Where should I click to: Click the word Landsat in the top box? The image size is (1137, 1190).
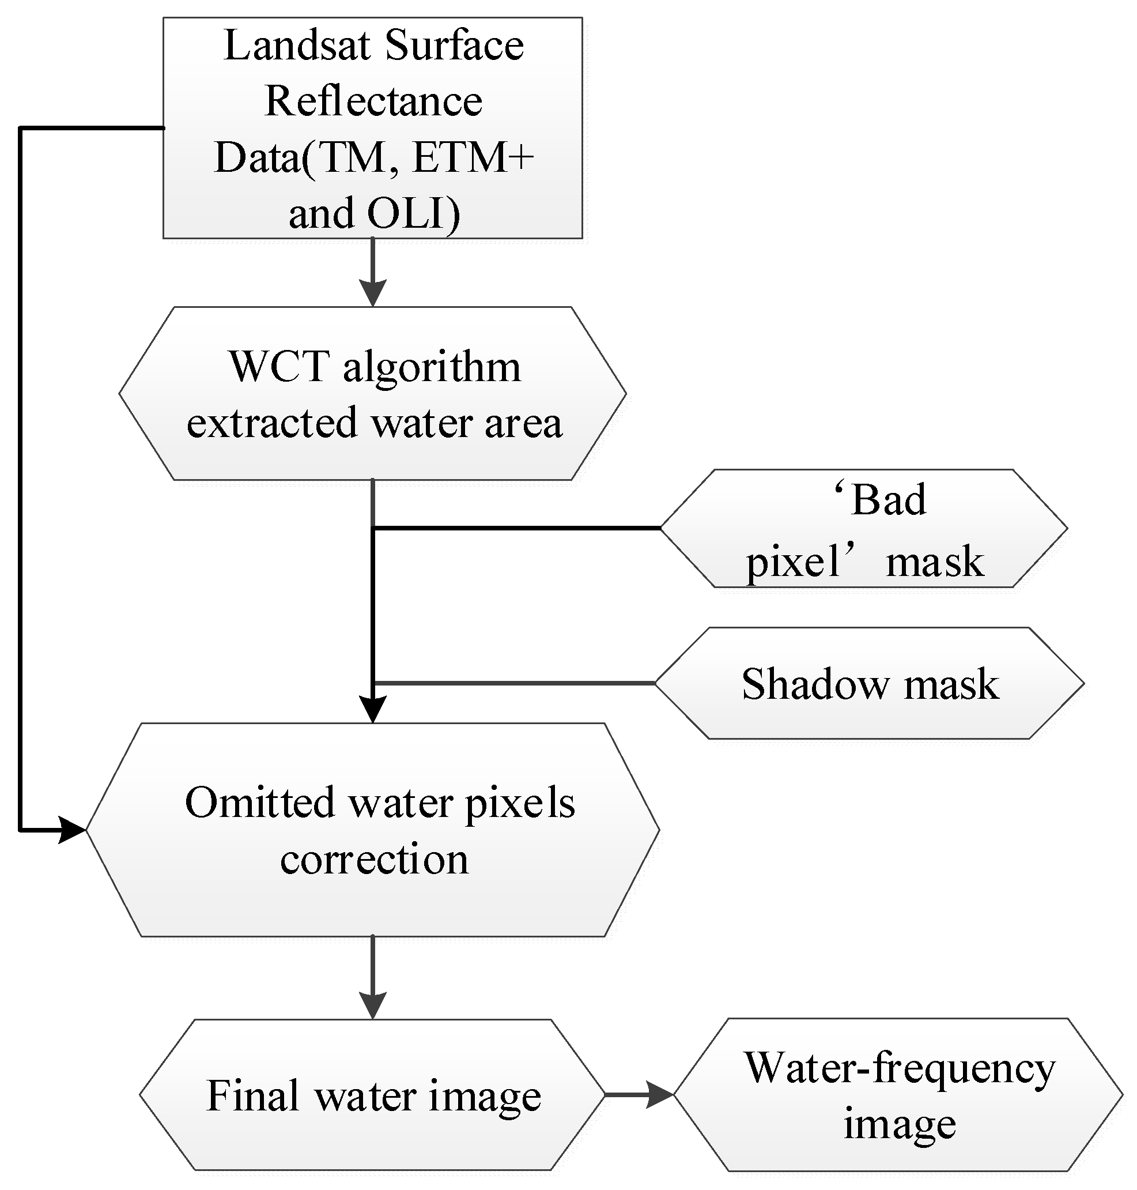point(296,46)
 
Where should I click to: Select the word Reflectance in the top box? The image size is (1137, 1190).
point(373,101)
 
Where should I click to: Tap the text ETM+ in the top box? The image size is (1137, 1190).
point(473,157)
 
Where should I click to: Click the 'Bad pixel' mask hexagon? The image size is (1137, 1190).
point(863,529)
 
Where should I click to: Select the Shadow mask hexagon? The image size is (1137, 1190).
point(869,684)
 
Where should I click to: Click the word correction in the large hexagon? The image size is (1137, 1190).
point(374,860)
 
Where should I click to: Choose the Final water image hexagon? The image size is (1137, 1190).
point(373,1095)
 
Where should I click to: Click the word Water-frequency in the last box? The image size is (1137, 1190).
point(900,1068)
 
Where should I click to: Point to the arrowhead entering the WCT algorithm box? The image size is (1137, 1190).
point(373,293)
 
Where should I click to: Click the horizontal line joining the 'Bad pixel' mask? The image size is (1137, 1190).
point(515,529)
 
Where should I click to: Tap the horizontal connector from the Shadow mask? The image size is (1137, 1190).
point(515,683)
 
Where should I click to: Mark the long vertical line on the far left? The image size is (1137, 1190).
point(21,485)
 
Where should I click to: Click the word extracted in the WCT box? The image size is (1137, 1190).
point(271,423)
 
